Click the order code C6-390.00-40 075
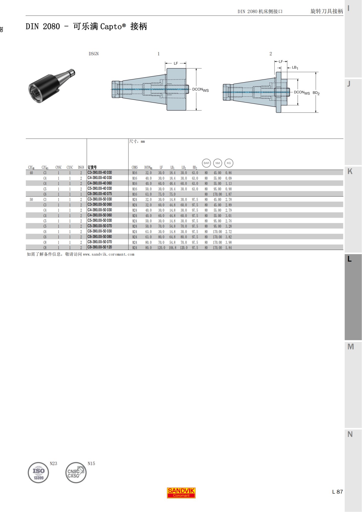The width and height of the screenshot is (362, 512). click(x=100, y=194)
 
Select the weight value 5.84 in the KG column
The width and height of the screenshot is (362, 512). click(x=228, y=248)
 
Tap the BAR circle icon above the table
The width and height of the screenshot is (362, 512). click(x=206, y=163)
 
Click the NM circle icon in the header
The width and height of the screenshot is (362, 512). click(x=218, y=163)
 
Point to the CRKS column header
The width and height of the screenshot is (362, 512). click(x=135, y=167)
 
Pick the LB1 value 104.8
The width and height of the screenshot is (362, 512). click(x=172, y=248)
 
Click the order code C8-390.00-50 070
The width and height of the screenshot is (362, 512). click(x=100, y=242)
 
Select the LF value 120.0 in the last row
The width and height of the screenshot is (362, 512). click(x=161, y=248)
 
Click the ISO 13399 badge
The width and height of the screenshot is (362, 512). click(x=38, y=472)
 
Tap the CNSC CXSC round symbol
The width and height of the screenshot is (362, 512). click(x=75, y=472)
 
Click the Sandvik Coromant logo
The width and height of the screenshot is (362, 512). click(x=181, y=493)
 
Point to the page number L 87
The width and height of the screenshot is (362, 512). click(x=337, y=492)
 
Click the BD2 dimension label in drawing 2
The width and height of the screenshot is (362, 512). click(x=316, y=93)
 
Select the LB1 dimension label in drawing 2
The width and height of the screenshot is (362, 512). click(x=295, y=68)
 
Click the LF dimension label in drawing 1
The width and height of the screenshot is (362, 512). click(x=176, y=63)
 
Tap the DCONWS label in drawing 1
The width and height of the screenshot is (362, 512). click(x=200, y=90)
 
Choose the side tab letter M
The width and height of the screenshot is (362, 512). click(x=350, y=347)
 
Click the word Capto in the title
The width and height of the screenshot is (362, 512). click(x=111, y=27)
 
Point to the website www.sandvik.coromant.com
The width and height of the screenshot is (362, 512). click(x=109, y=254)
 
